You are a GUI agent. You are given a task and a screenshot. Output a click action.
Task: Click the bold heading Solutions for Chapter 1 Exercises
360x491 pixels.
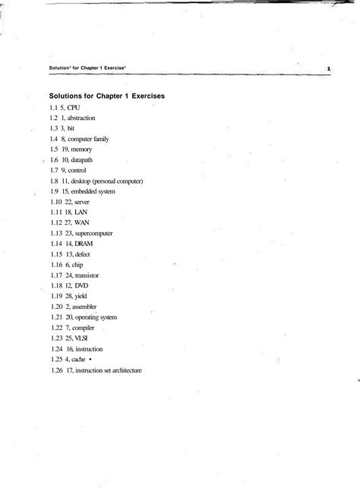(107, 97)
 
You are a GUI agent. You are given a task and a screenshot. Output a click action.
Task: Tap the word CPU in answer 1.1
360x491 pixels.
(73, 109)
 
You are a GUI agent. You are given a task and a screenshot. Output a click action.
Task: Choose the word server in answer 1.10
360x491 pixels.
(82, 203)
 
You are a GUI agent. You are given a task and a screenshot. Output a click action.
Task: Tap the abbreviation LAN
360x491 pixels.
(82, 213)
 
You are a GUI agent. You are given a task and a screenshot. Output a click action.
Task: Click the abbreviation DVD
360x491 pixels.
(82, 286)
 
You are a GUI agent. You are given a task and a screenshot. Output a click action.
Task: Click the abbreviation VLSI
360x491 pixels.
(82, 338)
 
